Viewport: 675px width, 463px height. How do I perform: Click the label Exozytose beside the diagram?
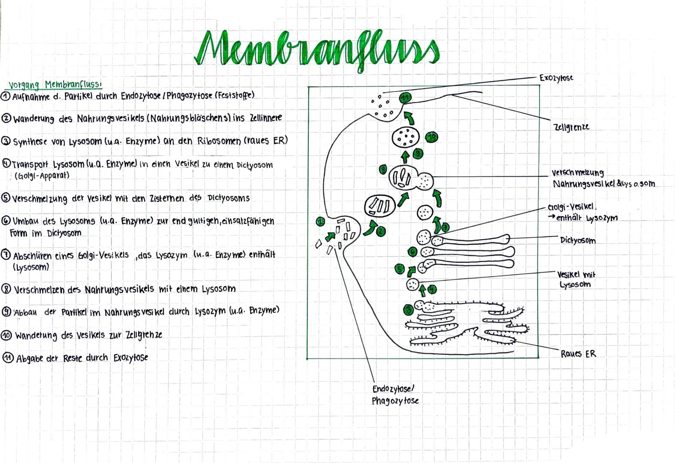[x=556, y=78]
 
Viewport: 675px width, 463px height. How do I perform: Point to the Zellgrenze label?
[x=571, y=127]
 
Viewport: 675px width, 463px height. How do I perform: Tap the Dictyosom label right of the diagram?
[x=578, y=241]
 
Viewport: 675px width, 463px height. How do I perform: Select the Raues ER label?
[x=578, y=354]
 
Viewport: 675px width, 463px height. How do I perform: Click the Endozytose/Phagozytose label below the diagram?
[x=395, y=395]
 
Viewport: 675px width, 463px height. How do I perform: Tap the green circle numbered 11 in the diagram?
[x=405, y=98]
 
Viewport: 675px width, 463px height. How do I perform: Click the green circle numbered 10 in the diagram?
[x=431, y=137]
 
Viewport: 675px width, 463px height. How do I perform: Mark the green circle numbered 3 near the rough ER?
[x=409, y=309]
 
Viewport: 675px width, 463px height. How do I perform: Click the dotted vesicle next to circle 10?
[x=405, y=137]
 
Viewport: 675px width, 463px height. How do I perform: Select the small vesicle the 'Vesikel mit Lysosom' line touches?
[x=413, y=284]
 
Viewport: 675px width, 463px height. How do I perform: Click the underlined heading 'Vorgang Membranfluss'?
[x=55, y=84]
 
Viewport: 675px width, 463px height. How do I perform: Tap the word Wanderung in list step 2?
[x=34, y=119]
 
